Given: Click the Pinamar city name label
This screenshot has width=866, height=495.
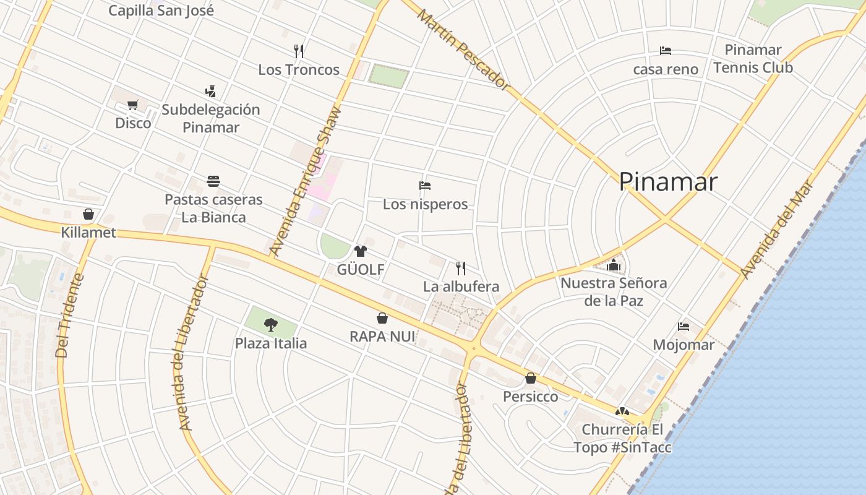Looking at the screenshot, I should coord(668,182).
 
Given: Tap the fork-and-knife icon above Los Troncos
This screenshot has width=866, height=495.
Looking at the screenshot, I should coord(299,51).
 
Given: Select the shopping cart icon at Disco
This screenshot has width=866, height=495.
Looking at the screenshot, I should coord(132,105).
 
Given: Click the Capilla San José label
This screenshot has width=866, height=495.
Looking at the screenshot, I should coord(161,10).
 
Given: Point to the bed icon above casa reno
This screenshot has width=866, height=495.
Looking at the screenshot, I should coord(666,51).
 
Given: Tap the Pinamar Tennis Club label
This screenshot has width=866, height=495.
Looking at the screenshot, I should coord(753,58).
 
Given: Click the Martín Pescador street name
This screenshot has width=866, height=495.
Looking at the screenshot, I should coord(463,50).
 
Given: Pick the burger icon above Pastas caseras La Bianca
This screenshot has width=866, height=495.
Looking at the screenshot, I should coord(213,181).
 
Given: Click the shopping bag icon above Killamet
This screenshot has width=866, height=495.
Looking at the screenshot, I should coord(88,214).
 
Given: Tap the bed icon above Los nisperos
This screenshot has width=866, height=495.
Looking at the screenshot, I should coord(425,185).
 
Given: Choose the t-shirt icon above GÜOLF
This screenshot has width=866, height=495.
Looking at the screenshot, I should coord(360,251).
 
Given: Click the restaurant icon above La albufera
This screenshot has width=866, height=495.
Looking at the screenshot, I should coord(461,268).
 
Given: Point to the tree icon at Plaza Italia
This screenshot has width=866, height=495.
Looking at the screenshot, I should coord(270,324).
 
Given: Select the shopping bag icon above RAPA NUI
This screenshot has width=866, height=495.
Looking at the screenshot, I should coord(382,318).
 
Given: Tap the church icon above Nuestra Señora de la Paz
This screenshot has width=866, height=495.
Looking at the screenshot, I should coord(614,265).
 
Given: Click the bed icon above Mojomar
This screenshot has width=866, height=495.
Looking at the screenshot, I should coord(684,326).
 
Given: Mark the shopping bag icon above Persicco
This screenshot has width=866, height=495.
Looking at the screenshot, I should coord(531,378).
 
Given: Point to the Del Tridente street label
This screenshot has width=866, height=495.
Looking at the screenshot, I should coord(69,316).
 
